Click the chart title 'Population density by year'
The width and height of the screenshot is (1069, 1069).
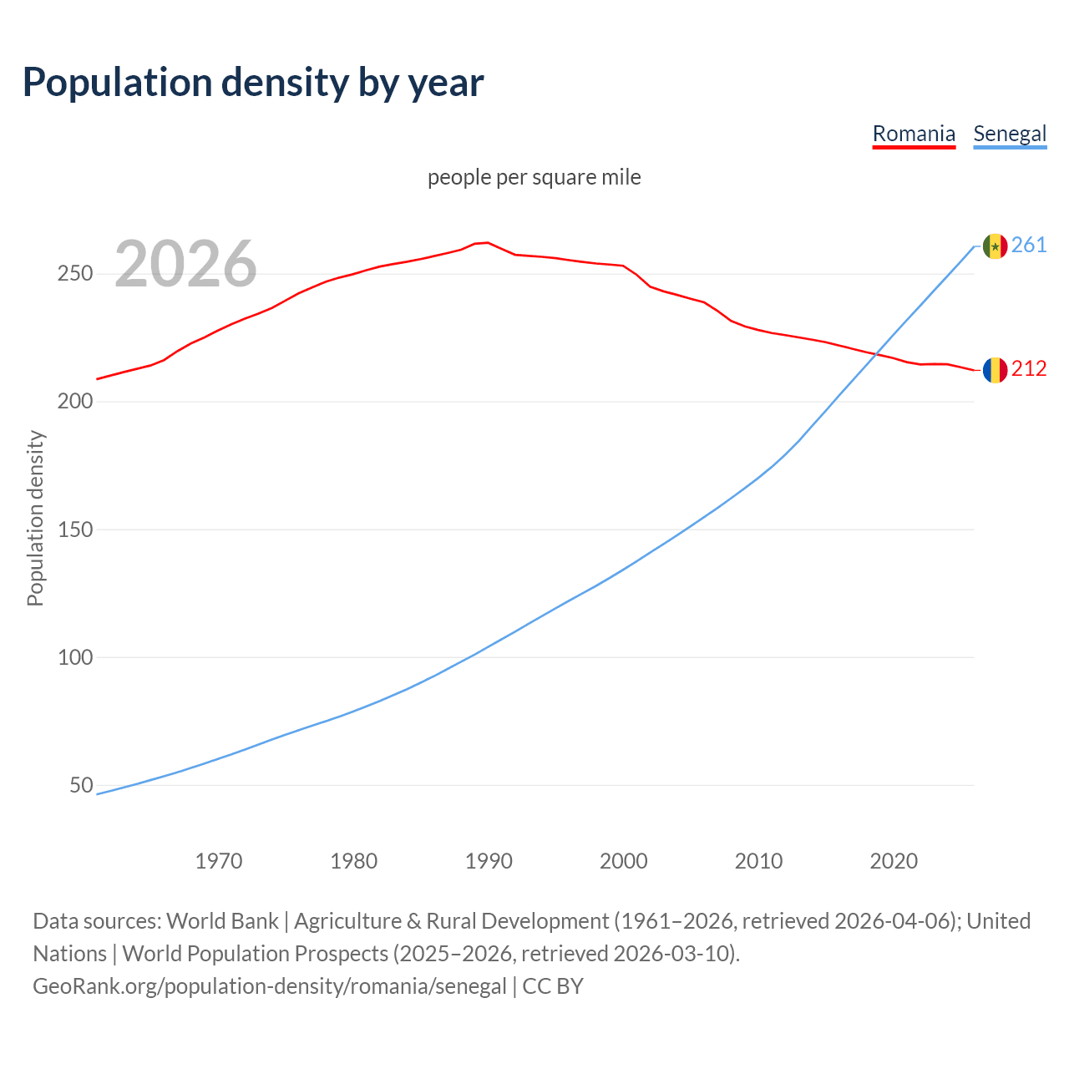[x=253, y=82]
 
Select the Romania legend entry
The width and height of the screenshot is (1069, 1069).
[x=914, y=134]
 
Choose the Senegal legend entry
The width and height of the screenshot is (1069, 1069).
[x=1010, y=134]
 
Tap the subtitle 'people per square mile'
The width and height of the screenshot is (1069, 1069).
[x=534, y=177]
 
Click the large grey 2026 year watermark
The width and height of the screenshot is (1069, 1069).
[x=185, y=264]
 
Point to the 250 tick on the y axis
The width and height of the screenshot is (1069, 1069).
[x=75, y=274]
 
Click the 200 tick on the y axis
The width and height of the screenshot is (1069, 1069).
[x=75, y=402]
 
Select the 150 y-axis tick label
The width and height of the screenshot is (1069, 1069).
[x=75, y=529]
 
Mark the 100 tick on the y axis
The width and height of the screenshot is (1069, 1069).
[x=75, y=657]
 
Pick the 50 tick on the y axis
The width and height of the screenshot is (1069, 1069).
[x=81, y=785]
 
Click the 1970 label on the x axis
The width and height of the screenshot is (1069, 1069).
[x=219, y=861]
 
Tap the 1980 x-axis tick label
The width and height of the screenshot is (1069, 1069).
[x=354, y=861]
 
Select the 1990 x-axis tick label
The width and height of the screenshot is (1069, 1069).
[x=489, y=861]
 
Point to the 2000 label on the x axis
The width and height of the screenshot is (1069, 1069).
[x=624, y=861]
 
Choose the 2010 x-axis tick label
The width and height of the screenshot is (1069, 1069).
[x=758, y=861]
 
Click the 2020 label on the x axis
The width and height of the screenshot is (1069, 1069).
[x=894, y=861]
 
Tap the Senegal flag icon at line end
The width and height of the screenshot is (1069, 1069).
[x=995, y=246]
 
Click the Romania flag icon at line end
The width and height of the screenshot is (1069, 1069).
[x=995, y=369]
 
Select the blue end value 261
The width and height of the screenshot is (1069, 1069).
[x=1029, y=245]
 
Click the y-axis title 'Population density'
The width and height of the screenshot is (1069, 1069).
[x=35, y=518]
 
